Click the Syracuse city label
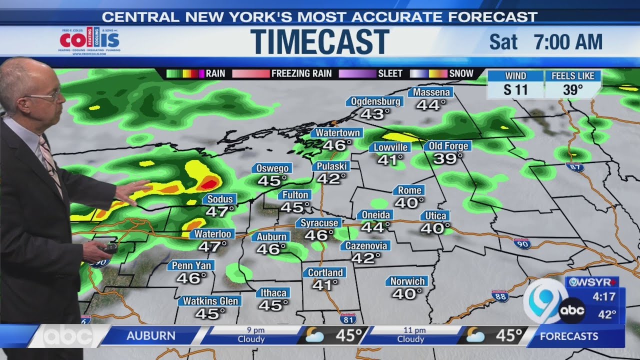click(320, 223)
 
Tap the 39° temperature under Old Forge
click(447, 159)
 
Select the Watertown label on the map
click(337, 133)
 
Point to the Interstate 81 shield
click(348, 318)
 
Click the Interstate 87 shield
click(576, 167)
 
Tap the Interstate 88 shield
click(500, 296)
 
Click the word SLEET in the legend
click(390, 73)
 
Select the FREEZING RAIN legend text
click(301, 73)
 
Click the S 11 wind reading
click(515, 90)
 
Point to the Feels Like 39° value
click(573, 90)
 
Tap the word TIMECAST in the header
click(320, 41)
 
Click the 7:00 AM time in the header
click(568, 42)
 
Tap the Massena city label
click(430, 92)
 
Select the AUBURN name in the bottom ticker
click(151, 336)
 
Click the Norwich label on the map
click(407, 281)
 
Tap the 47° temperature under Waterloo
click(212, 246)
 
